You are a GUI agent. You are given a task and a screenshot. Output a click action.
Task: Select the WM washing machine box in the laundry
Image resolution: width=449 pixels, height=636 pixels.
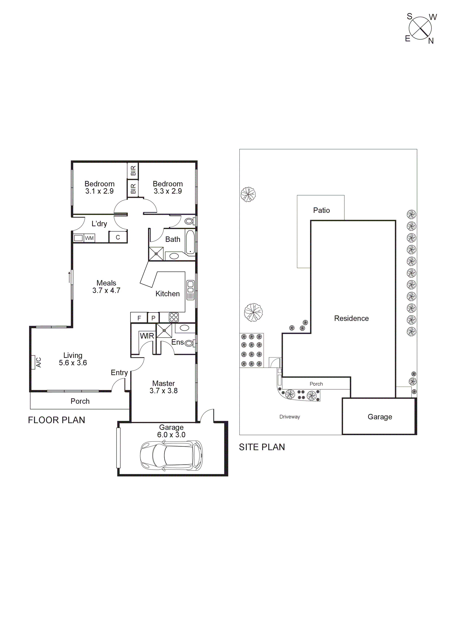coord(89,238)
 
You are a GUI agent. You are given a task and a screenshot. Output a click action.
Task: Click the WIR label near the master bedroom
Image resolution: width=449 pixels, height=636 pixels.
coord(147,336)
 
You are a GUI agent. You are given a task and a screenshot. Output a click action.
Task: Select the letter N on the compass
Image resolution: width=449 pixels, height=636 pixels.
coord(431,41)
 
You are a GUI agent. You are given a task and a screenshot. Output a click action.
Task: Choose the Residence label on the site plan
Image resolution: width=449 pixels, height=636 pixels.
coord(351,318)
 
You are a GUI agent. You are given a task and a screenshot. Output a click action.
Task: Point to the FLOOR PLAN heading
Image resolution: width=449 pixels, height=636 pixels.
coord(56,420)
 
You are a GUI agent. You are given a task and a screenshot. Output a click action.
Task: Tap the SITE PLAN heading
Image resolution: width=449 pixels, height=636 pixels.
coord(262,447)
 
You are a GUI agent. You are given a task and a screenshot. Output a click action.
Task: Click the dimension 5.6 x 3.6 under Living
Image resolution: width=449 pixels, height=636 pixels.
coord(73,363)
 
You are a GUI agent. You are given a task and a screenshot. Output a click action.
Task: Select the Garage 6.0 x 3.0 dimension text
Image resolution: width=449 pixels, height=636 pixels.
coord(171,435)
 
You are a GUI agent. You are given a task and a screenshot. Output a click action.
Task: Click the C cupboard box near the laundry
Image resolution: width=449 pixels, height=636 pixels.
coord(118,237)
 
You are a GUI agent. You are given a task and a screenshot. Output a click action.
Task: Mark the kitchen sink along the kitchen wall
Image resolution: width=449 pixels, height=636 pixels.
coord(190,290)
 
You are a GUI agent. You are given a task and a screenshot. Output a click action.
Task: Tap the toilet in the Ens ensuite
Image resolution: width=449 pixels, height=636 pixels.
coord(189,344)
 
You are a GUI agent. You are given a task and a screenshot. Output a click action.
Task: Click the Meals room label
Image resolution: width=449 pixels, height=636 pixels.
coord(106,283)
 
